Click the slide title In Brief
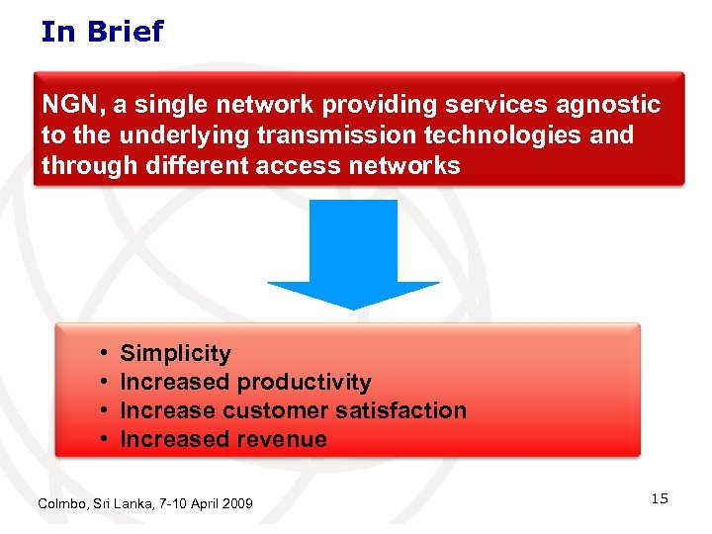102,32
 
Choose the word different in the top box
191,165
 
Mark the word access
299,165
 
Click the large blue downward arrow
353,252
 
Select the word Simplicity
175,354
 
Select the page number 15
659,499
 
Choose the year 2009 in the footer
236,504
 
